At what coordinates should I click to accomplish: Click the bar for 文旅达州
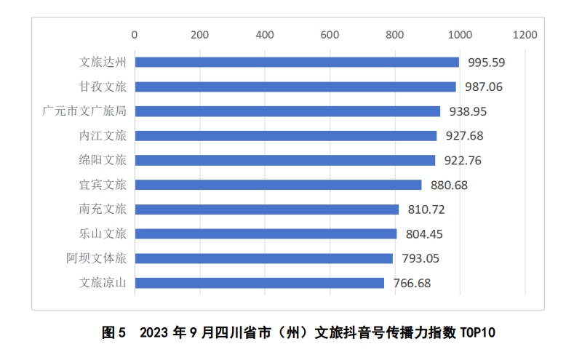point(297,63)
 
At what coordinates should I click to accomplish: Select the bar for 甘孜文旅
point(295,87)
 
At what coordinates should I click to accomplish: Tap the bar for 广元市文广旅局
point(287,111)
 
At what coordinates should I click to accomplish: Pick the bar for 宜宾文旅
point(278,185)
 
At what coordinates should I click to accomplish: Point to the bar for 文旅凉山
point(259,283)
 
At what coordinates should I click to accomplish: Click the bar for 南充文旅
point(267,209)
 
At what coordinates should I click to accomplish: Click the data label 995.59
point(487,63)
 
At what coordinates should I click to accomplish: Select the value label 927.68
point(464,136)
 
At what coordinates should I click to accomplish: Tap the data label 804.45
point(424,234)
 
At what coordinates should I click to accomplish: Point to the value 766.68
point(411,283)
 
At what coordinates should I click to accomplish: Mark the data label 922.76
point(463,161)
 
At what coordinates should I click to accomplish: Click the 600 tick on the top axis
point(330,34)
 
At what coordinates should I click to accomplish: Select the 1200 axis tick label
point(524,34)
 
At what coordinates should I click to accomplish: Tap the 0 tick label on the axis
point(135,34)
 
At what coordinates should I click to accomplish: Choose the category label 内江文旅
point(103,136)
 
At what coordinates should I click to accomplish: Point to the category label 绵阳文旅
point(103,161)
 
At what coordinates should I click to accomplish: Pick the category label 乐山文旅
point(103,234)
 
